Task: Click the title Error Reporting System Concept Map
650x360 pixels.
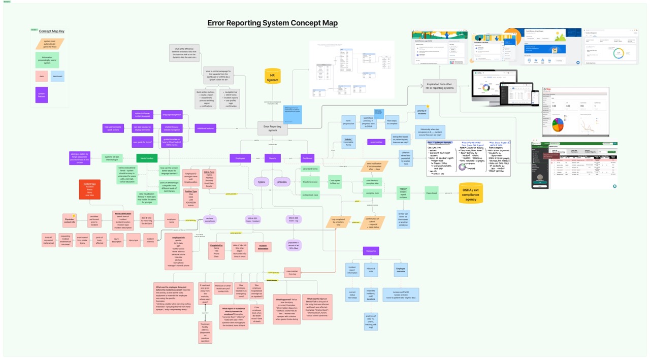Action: coord(272,23)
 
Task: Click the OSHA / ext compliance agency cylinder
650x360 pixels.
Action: coord(471,193)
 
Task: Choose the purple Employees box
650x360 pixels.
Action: coord(240,158)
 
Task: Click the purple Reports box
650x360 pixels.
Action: coord(273,158)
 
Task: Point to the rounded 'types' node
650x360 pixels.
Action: coord(262,181)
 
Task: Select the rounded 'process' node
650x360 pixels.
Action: coord(282,181)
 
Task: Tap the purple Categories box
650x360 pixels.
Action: coord(371,250)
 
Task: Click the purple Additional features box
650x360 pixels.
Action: coord(206,128)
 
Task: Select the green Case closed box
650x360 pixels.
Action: coord(431,193)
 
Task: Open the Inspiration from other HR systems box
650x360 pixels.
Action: coord(440,86)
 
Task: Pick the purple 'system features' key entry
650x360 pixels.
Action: coord(42,95)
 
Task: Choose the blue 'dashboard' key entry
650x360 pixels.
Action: coord(57,76)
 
